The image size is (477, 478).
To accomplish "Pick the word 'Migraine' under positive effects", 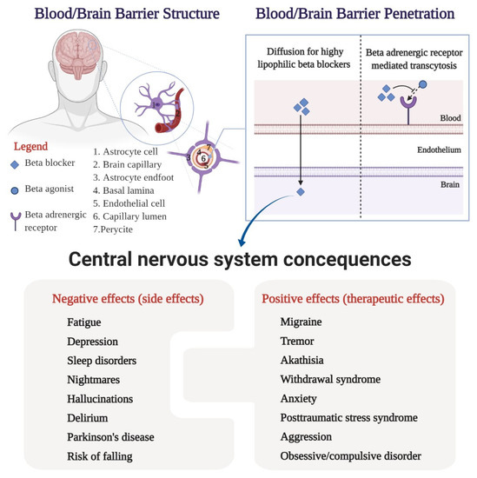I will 301,322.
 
